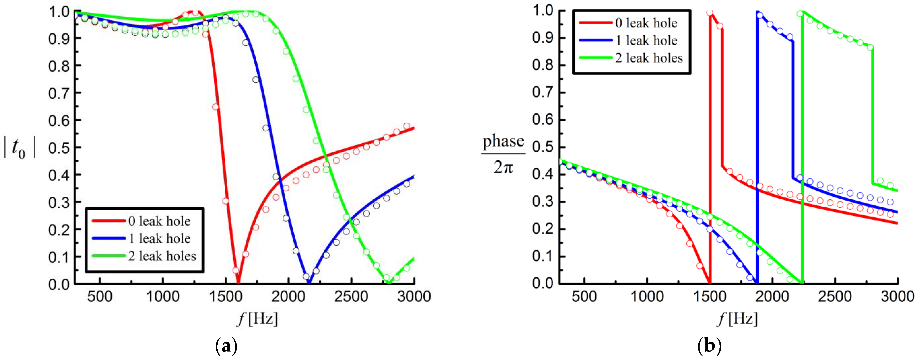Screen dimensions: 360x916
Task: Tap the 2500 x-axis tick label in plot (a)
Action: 351,296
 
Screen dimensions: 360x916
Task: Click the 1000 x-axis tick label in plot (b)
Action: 647,296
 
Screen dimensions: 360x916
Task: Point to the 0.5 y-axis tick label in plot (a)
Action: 59,148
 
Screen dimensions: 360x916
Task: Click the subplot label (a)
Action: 226,345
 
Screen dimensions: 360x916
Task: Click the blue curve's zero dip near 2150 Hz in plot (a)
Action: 309,282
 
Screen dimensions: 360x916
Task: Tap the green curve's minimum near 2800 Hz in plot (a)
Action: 389,282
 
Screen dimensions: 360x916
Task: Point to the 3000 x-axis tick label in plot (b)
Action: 897,296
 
